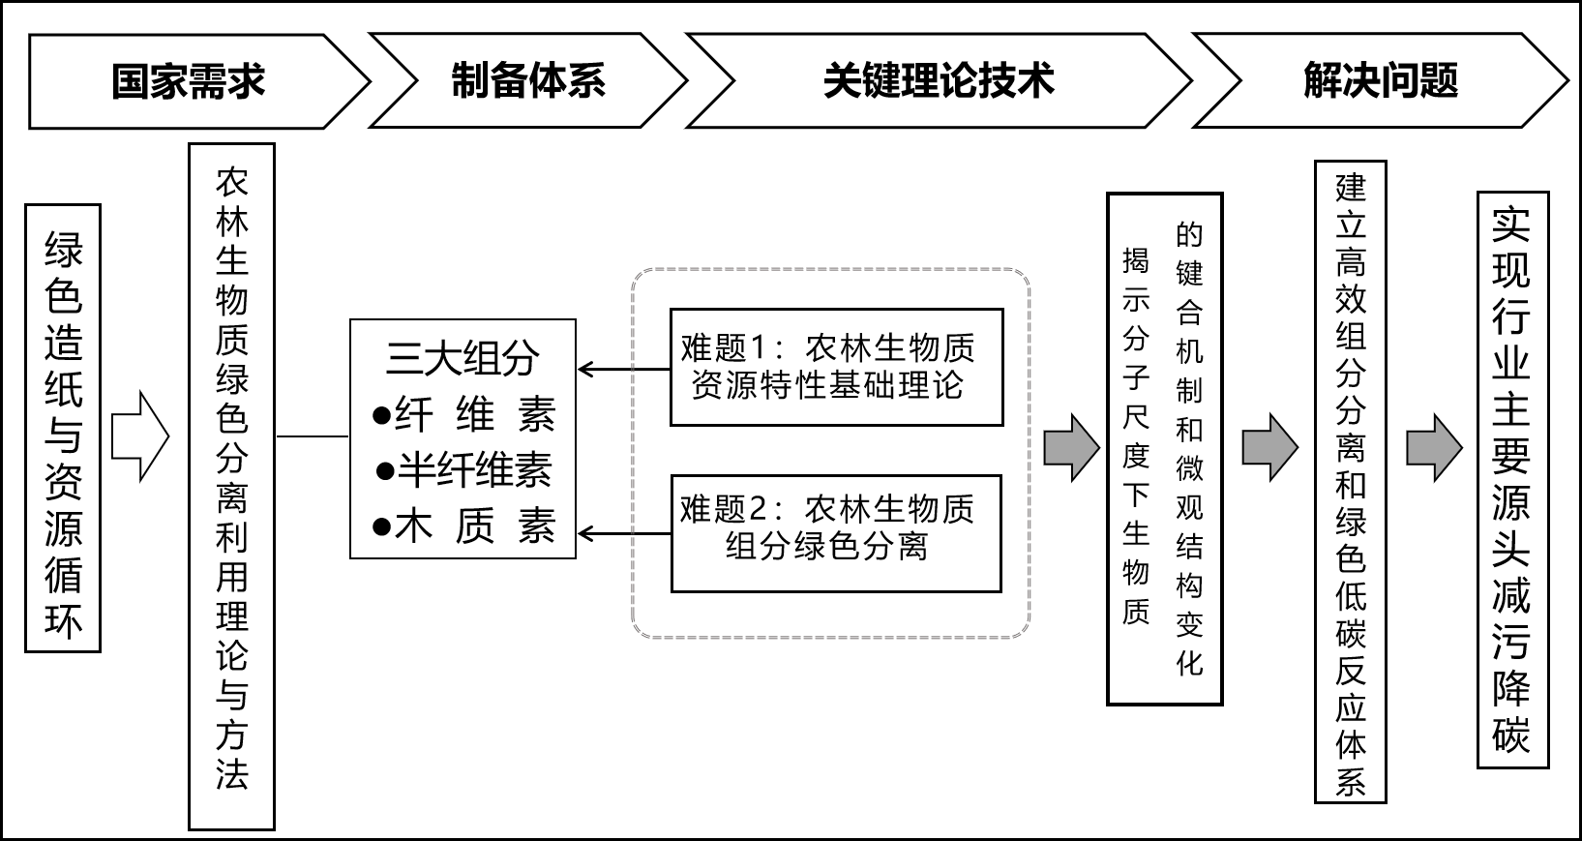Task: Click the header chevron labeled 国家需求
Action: (189, 81)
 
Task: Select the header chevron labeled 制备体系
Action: (528, 81)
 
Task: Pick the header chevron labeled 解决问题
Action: (1380, 81)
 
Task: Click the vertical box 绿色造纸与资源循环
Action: (63, 428)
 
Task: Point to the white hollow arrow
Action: (140, 436)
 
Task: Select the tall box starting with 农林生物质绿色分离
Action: (232, 486)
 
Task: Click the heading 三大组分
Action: (463, 358)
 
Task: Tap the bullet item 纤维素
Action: (464, 415)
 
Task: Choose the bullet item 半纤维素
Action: (464, 470)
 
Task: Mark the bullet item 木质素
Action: (464, 527)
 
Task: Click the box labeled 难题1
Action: (836, 367)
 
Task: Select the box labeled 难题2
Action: (836, 532)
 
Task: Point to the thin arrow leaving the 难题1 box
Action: (624, 369)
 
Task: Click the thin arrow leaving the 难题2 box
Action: (624, 532)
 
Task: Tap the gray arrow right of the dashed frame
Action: (1071, 447)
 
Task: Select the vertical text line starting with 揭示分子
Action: (1136, 436)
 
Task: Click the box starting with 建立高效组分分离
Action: (1350, 481)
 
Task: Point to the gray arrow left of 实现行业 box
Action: (1433, 447)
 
